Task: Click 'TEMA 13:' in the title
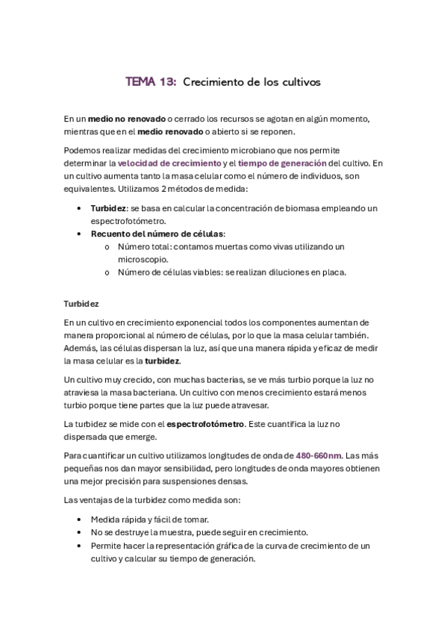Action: click(x=151, y=82)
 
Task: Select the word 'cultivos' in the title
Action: click(x=300, y=82)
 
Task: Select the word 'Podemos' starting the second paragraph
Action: click(x=81, y=149)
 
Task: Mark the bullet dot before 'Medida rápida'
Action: click(x=79, y=520)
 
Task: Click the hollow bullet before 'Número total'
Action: click(x=108, y=246)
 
